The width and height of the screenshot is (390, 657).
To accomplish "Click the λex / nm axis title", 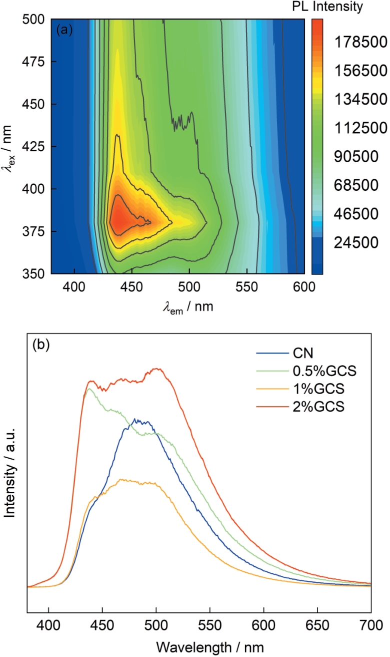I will (15, 147).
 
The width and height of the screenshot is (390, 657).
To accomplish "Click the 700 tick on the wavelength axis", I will (370, 626).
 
